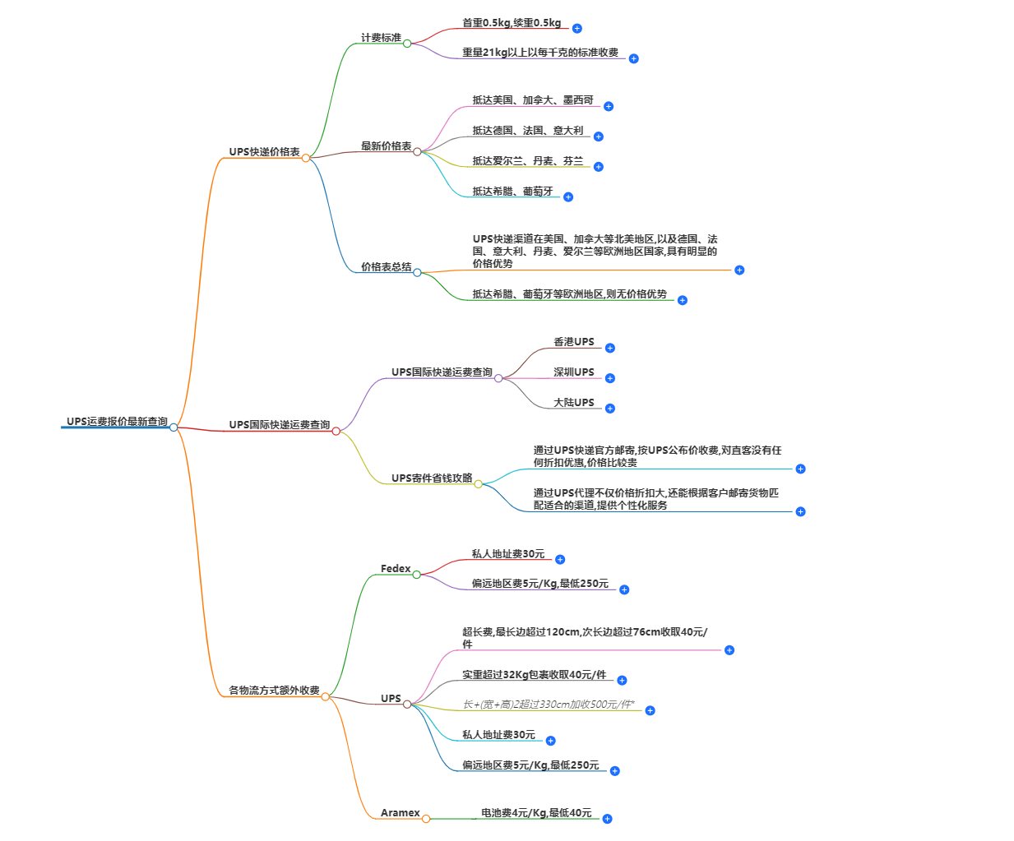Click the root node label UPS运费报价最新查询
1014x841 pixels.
click(117, 422)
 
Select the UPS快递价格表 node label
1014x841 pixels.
click(264, 152)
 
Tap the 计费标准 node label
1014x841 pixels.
click(381, 38)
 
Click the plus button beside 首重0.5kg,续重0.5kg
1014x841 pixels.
click(577, 29)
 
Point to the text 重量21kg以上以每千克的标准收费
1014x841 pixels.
click(539, 53)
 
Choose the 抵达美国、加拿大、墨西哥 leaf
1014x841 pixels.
click(532, 100)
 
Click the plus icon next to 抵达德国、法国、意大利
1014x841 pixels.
click(599, 136)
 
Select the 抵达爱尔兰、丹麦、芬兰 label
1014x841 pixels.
click(527, 161)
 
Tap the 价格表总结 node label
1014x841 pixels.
click(386, 267)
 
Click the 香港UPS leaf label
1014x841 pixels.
click(573, 342)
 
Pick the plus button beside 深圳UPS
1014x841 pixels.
click(610, 378)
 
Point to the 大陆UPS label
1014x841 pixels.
click(573, 403)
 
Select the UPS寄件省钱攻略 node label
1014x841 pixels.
click(432, 478)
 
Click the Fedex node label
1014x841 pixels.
click(396, 569)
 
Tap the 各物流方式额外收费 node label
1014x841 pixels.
click(274, 691)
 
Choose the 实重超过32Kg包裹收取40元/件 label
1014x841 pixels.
click(534, 675)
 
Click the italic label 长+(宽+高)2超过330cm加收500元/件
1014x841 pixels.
click(548, 705)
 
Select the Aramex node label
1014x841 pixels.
click(400, 813)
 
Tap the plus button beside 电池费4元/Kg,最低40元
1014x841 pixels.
click(607, 819)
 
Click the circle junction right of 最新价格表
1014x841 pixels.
click(417, 152)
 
